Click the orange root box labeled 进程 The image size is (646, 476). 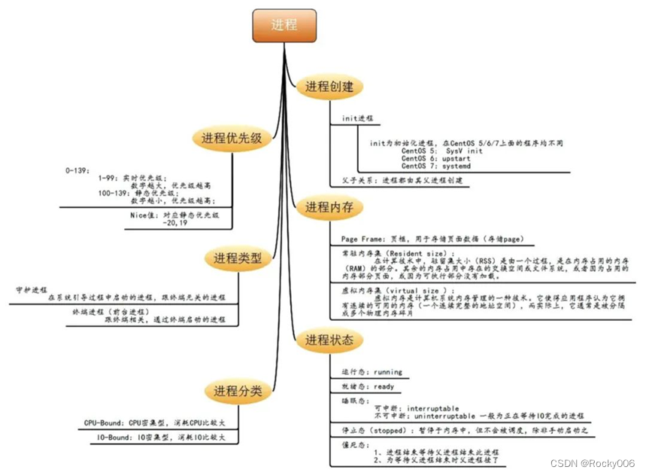tap(284, 25)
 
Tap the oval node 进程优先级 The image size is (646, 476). tap(231, 138)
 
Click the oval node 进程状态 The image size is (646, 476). tap(329, 340)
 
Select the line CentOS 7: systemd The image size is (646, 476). tap(435, 166)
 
